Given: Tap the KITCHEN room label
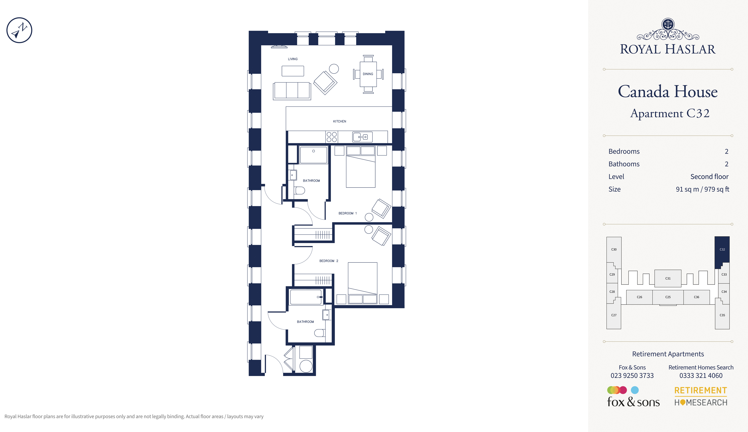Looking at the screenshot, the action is coord(340,121).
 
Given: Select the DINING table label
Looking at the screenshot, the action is coord(368,74).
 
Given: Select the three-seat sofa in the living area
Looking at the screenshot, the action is coord(292,91).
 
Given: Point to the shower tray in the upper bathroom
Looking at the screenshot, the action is coord(314,155).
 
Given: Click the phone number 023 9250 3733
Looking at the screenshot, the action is coord(632,376).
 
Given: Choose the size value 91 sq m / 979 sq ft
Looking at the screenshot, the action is coord(702,189).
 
